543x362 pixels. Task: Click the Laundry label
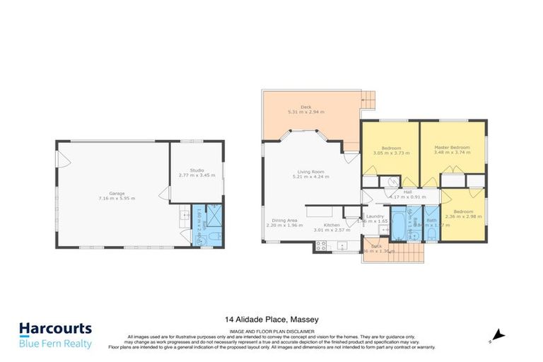tap(374, 216)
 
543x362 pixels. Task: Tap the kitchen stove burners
tap(320, 247)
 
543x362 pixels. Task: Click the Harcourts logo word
tap(55, 329)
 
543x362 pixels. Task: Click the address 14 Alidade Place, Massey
tap(271, 320)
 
